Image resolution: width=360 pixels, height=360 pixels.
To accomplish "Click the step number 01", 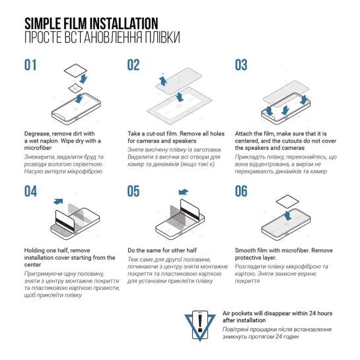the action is [x=30, y=65].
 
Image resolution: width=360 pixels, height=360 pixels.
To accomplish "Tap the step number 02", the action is [x=133, y=65].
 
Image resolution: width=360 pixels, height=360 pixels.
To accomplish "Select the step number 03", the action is [x=241, y=65].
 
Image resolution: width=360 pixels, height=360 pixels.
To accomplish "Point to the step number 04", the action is [x=30, y=192].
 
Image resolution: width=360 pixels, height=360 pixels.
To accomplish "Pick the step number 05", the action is [x=133, y=192].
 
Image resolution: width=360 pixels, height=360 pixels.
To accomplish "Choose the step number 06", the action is [x=241, y=192].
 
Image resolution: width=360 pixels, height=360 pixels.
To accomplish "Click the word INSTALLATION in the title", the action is [x=124, y=23].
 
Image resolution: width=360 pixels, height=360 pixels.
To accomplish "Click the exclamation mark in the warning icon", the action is [x=200, y=323].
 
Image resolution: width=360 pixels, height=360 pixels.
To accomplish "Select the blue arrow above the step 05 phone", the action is [x=183, y=192].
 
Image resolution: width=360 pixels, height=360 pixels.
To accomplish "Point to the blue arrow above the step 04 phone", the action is [x=58, y=201].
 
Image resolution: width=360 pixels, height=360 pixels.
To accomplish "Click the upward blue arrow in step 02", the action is [x=162, y=81].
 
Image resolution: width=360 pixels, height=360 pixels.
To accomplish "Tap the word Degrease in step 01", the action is [x=37, y=134].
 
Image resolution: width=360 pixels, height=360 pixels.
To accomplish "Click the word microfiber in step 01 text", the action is [x=38, y=148].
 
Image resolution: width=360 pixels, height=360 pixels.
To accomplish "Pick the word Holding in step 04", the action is [x=34, y=250].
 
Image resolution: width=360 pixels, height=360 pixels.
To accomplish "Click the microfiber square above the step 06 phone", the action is [x=287, y=201].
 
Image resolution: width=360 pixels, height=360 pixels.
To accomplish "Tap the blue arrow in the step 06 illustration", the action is [x=287, y=216].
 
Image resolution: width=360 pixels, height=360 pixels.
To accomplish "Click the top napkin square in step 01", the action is [x=75, y=70].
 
